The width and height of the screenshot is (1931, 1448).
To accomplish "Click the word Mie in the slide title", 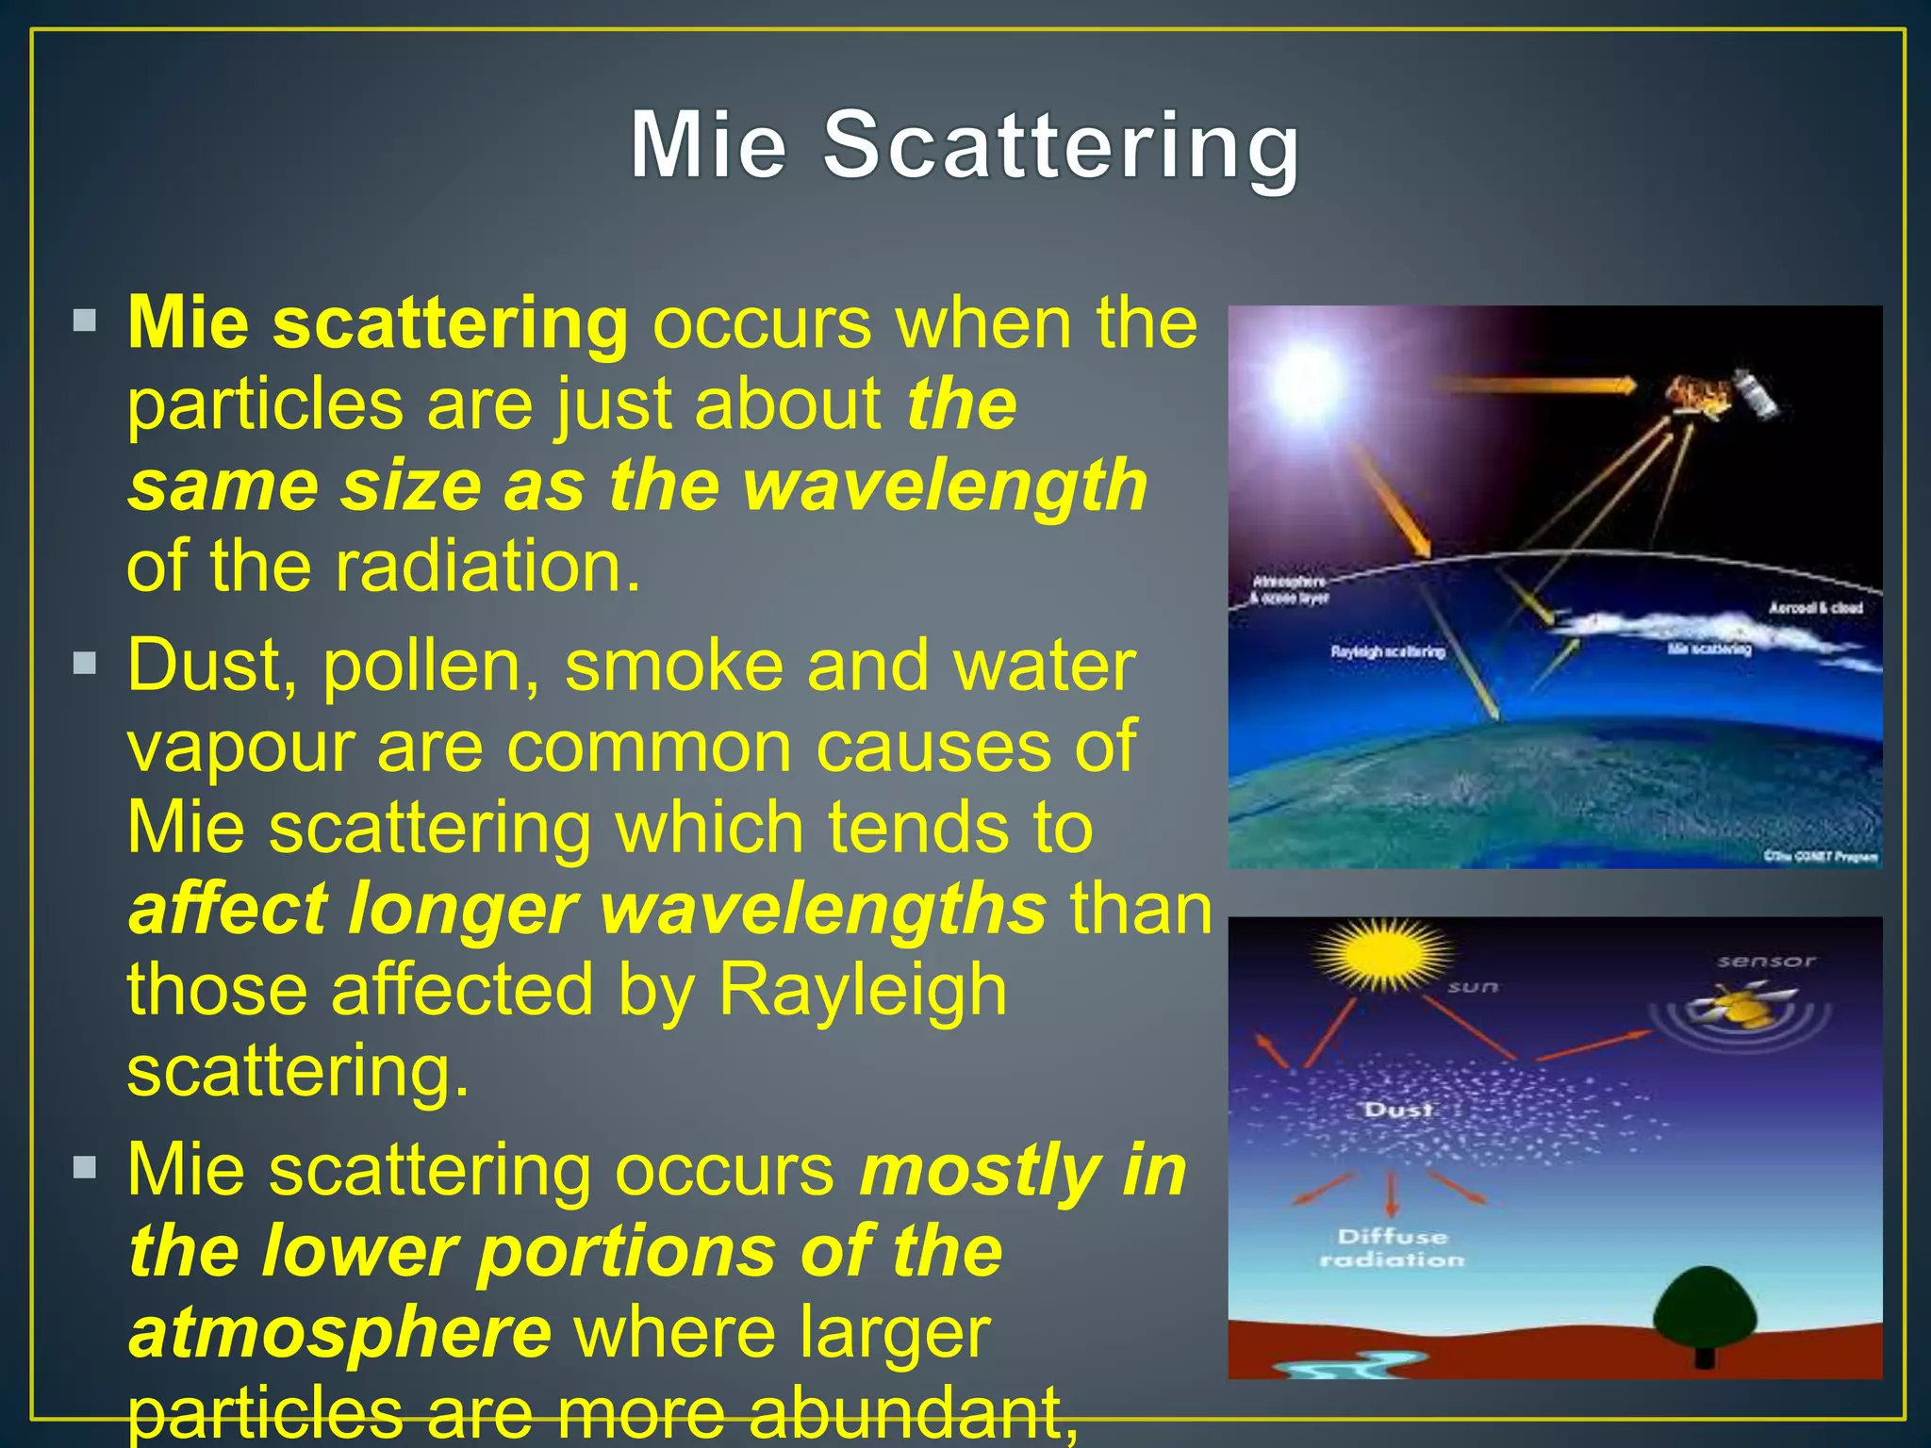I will (708, 146).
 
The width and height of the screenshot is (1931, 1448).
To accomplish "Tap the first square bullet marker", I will (85, 321).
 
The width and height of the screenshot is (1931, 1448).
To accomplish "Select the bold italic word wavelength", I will (945, 485).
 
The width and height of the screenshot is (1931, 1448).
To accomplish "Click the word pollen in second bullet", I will (431, 666).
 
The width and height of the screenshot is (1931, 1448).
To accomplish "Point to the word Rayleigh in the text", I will (862, 990).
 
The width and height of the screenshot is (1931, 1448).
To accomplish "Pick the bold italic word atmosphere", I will (339, 1332).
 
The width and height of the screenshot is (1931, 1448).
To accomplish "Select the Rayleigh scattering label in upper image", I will (1387, 651).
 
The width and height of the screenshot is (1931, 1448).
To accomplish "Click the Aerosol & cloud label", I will (1815, 608).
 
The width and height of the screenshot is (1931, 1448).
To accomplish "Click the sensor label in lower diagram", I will (1765, 962).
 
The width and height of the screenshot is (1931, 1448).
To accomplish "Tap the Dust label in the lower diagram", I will (1397, 1110).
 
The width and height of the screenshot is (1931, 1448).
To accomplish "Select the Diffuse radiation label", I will (1392, 1247).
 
